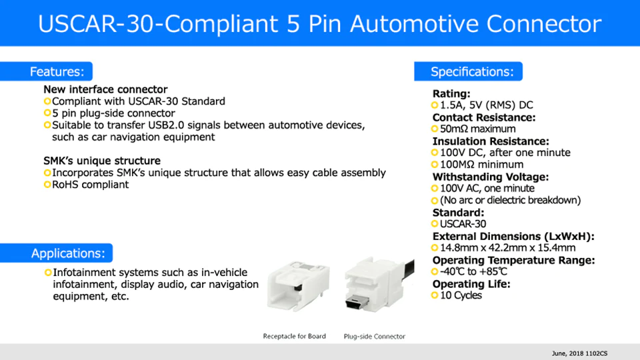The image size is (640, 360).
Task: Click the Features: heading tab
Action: pyautogui.click(x=46, y=71)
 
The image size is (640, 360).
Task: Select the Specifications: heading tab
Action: pyautogui.click(x=468, y=71)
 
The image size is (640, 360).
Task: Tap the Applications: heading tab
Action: pyautogui.click(x=56, y=253)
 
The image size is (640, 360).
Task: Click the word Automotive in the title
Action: pyautogui.click(x=414, y=23)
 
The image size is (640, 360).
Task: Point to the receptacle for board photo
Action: pyautogui.click(x=298, y=287)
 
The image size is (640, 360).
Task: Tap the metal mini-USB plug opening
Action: pyautogui.click(x=357, y=303)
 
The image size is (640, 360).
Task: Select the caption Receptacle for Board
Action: pyautogui.click(x=294, y=336)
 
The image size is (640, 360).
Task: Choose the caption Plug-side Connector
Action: pyautogui.click(x=374, y=336)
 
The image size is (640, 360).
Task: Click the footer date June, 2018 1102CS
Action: pyautogui.click(x=579, y=353)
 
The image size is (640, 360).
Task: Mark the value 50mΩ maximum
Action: pyautogui.click(x=477, y=129)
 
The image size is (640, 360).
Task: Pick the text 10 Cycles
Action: pyautogui.click(x=461, y=295)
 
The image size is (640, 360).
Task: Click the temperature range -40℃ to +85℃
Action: pyautogui.click(x=473, y=271)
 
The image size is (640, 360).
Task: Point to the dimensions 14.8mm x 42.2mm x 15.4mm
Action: pyautogui.click(x=508, y=248)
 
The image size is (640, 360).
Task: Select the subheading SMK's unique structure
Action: pyautogui.click(x=102, y=161)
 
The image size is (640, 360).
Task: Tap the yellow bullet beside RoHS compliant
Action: pyautogui.click(x=47, y=185)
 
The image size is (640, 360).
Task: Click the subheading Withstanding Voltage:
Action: pyautogui.click(x=491, y=177)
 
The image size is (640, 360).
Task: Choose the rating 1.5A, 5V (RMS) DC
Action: pyautogui.click(x=487, y=105)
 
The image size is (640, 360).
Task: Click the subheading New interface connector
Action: pyautogui.click(x=105, y=89)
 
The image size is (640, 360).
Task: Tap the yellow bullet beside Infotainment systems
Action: pyautogui.click(x=48, y=272)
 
